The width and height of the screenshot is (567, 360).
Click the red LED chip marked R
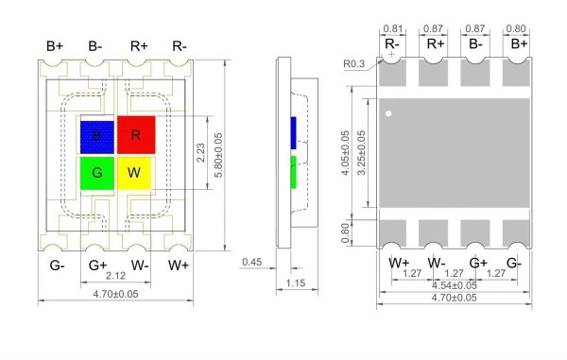click(136, 135)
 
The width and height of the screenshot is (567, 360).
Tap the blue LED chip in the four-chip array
click(97, 137)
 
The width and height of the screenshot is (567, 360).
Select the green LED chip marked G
click(97, 173)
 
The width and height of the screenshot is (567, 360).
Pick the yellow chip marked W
click(134, 173)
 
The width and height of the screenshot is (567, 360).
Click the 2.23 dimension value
click(200, 152)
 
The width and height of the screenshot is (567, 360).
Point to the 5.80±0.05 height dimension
click(218, 155)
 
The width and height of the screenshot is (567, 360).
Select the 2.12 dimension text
click(115, 276)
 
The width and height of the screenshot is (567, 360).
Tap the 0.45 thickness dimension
click(252, 262)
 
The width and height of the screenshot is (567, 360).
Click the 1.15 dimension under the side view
click(296, 283)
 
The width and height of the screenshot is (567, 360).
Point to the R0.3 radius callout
click(354, 64)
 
